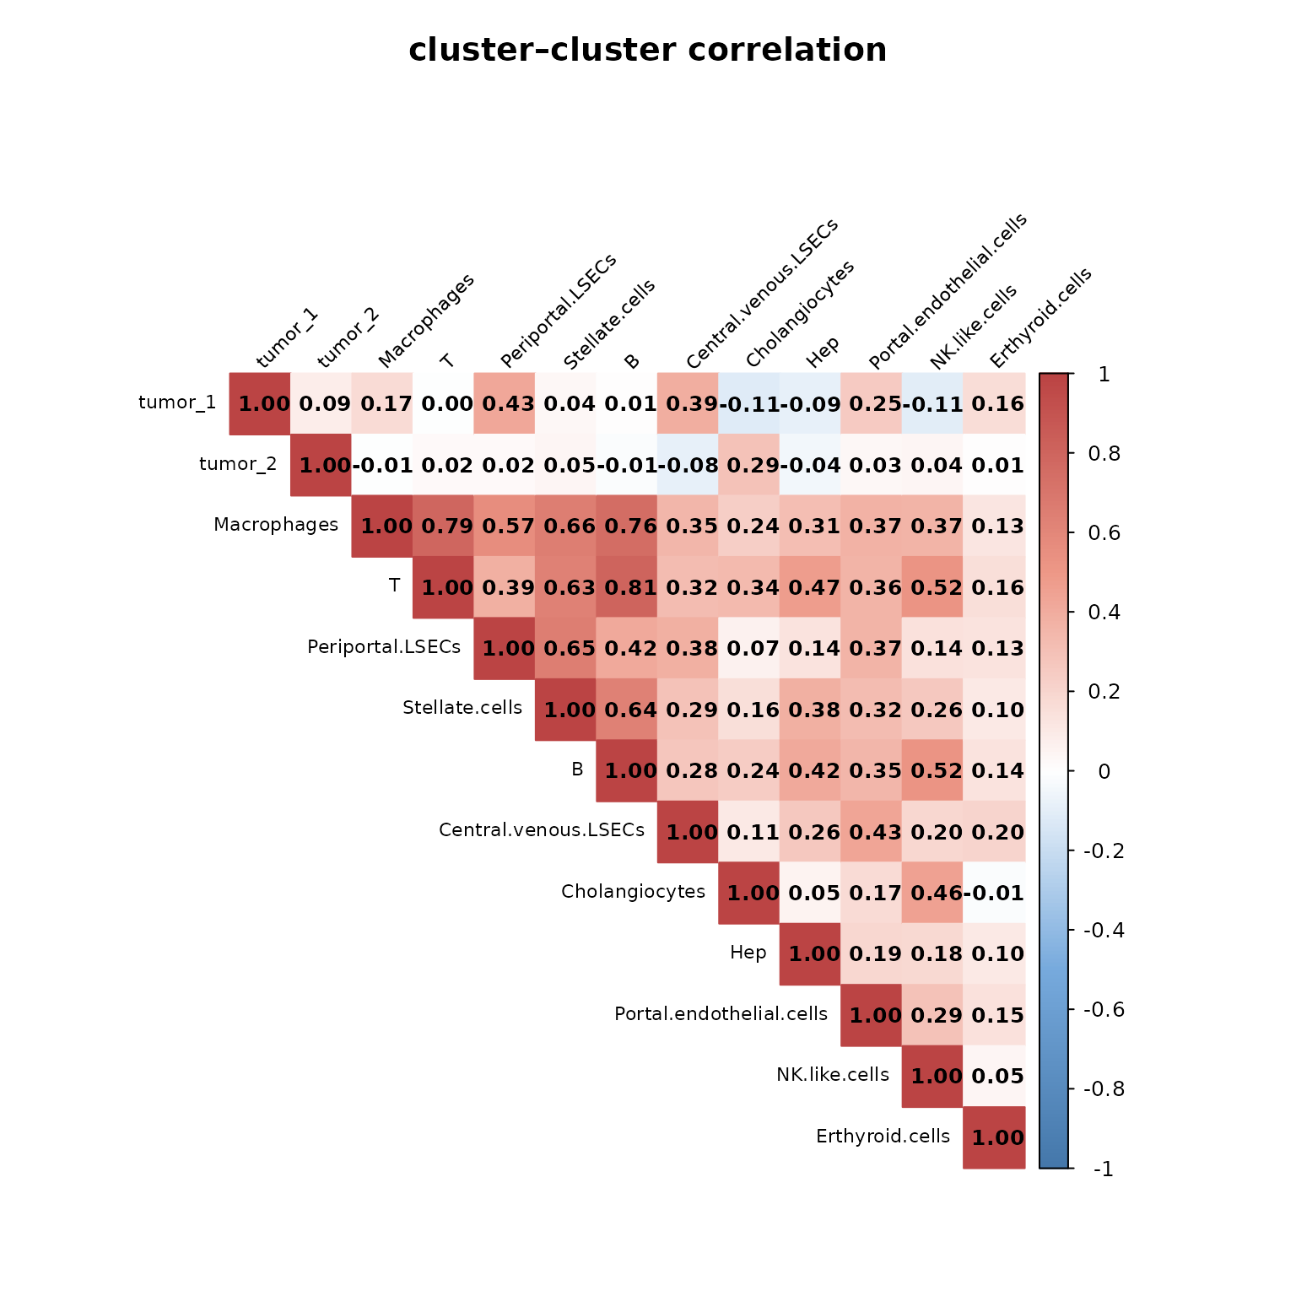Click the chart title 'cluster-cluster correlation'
pos(647,50)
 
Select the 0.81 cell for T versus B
pos(626,587)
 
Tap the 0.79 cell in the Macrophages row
pos(443,526)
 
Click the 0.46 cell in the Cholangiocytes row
pos(931,893)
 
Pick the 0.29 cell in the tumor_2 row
pos(748,465)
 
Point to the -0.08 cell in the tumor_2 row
pos(688,465)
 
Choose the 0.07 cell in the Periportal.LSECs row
pos(748,648)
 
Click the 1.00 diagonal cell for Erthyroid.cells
pos(994,1137)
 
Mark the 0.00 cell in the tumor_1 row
pos(443,403)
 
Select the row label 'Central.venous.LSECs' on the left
pos(542,830)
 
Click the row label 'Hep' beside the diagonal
pos(748,953)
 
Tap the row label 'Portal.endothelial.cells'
pos(721,1013)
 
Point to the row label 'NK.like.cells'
pos(833,1075)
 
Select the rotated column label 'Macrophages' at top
pos(426,321)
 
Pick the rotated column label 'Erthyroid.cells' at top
pos(1040,319)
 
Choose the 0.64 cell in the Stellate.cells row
pos(626,710)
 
